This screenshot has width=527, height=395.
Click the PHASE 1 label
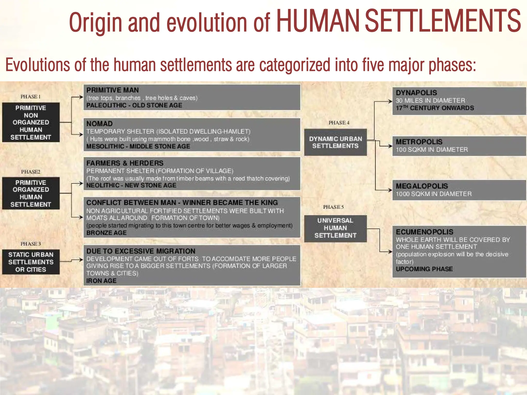(31, 97)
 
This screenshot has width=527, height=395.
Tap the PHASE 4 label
(339, 123)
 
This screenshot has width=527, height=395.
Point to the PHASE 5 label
(333, 207)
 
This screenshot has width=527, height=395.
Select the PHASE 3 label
(31, 244)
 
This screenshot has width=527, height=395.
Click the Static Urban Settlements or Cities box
(31, 262)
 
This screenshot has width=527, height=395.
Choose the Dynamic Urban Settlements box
(335, 142)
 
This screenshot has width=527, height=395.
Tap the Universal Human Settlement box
(335, 228)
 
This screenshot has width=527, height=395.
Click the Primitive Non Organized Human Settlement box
(31, 122)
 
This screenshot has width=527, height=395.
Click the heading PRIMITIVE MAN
(112, 90)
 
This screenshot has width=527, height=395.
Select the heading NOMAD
(99, 124)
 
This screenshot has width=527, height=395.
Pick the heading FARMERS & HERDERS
(125, 163)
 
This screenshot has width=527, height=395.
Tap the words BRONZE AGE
(106, 233)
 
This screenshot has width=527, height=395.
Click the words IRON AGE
(101, 281)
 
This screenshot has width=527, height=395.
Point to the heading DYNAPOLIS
(416, 93)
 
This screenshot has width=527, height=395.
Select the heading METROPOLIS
(419, 142)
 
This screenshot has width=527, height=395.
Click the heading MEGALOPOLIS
(422, 186)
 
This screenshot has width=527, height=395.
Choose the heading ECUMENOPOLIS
(424, 232)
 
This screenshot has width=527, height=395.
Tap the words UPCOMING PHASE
(424, 269)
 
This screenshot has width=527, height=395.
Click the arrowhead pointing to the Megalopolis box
(390, 190)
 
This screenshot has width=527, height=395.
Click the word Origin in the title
(95, 23)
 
